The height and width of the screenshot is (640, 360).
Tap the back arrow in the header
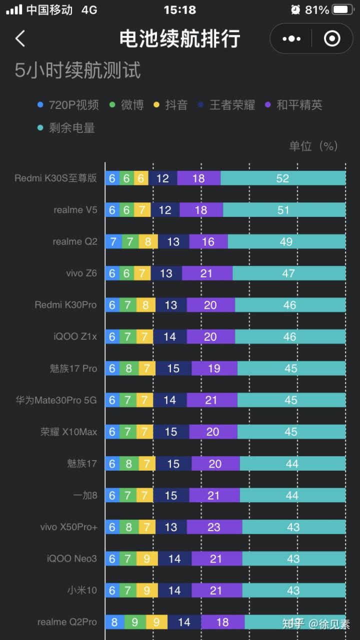click(20, 38)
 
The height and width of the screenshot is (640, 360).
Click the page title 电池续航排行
click(179, 38)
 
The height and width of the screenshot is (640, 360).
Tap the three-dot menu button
click(291, 38)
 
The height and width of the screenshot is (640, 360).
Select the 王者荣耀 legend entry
click(227, 105)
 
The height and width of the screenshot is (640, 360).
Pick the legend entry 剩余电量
click(66, 128)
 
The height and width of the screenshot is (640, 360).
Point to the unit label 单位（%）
click(313, 146)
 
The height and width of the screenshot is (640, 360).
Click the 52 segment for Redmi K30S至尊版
click(283, 178)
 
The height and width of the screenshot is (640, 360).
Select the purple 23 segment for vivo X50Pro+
click(214, 527)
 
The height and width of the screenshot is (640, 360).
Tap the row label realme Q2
click(75, 242)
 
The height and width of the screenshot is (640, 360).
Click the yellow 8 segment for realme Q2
click(148, 242)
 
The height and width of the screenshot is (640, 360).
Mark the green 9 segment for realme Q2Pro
click(135, 622)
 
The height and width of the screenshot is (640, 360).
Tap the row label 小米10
click(82, 591)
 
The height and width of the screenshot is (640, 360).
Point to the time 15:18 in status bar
click(179, 9)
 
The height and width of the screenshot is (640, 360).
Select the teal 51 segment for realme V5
click(284, 210)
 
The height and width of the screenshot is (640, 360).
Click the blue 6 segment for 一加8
click(112, 496)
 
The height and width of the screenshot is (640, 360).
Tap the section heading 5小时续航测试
click(77, 70)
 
